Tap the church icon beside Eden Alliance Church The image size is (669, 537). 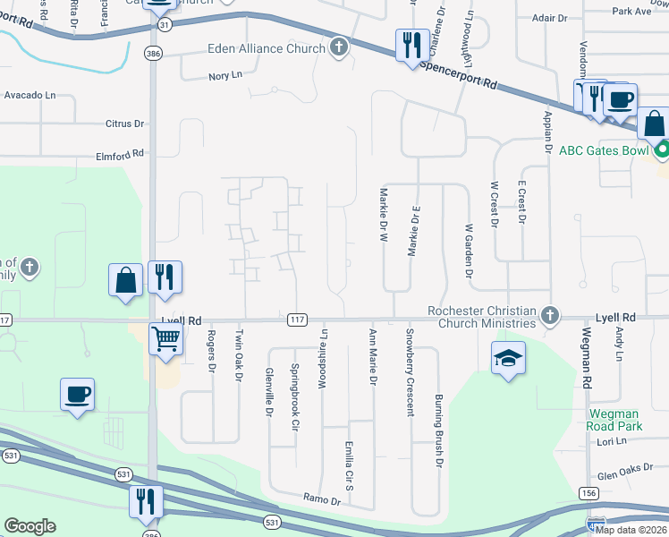point(338,47)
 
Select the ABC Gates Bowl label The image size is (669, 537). point(604,150)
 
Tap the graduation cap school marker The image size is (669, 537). point(509,360)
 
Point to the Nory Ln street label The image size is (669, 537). point(225,76)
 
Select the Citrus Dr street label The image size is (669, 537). point(124,124)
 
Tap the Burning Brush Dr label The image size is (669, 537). point(439,430)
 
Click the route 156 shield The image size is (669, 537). point(588,493)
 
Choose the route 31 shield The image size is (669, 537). point(160,26)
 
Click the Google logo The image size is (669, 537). point(30,526)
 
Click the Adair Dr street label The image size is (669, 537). point(548,17)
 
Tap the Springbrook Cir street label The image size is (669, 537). point(294,396)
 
